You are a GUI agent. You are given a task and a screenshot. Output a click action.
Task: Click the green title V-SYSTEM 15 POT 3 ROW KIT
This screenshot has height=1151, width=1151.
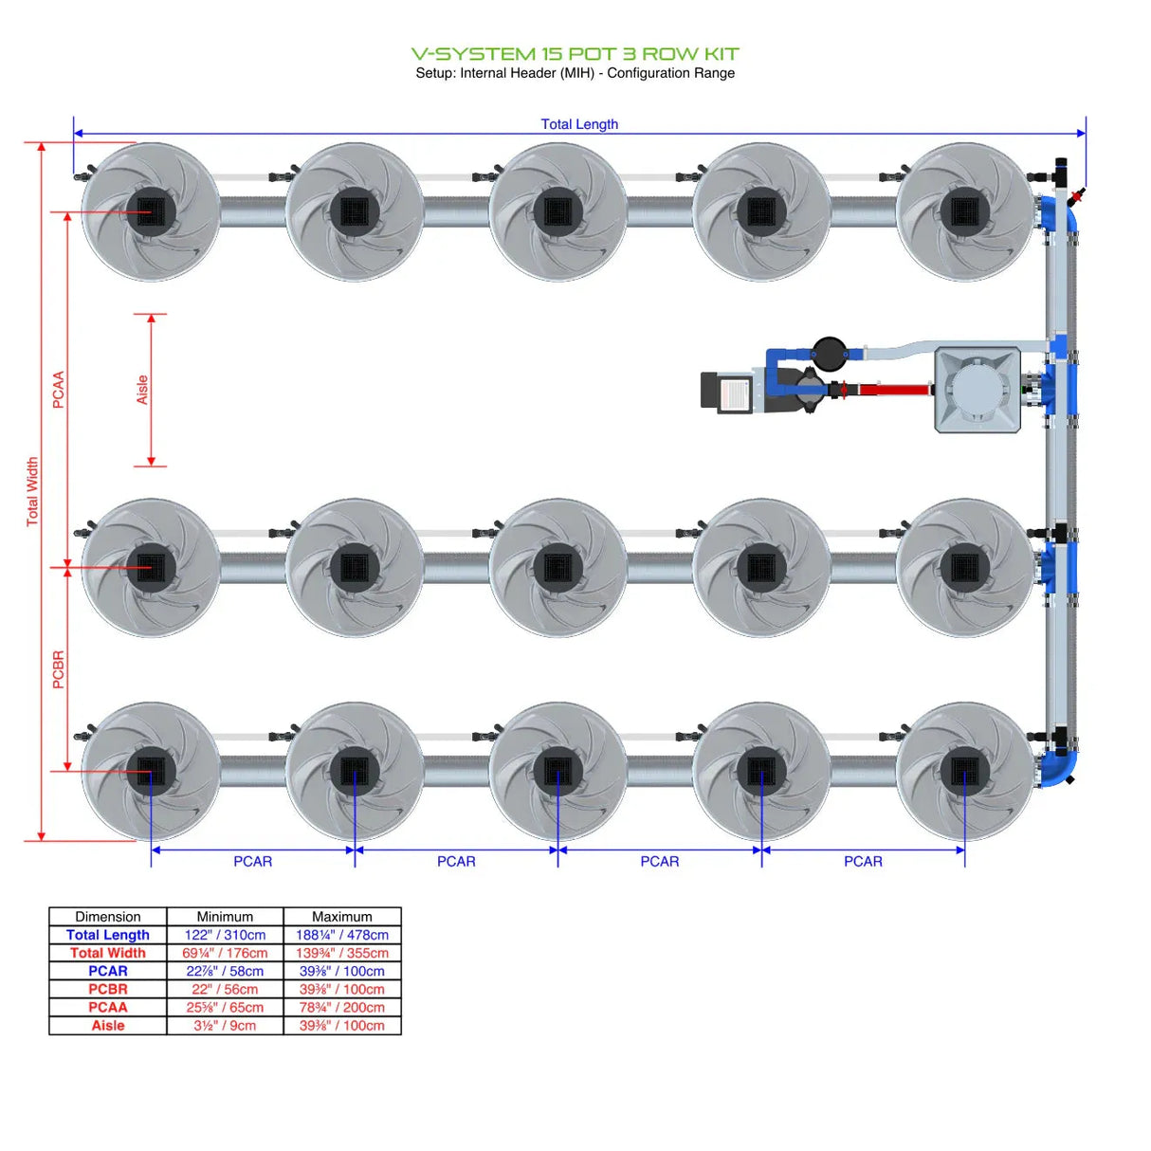575,54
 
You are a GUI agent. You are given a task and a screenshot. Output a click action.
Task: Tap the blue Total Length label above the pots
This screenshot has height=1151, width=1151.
579,124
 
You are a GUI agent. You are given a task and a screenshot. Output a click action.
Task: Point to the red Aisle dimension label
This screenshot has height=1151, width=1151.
142,390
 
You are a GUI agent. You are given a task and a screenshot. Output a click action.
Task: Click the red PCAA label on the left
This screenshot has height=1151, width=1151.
59,390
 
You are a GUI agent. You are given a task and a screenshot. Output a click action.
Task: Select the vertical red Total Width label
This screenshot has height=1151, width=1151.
32,491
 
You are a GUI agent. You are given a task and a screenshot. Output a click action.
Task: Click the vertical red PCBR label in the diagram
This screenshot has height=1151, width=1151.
59,669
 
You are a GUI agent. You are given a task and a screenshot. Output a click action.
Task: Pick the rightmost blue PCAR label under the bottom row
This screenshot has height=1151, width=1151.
863,862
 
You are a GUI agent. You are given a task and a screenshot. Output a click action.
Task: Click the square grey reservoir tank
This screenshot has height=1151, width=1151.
977,390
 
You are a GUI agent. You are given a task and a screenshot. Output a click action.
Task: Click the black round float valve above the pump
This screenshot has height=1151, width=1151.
830,353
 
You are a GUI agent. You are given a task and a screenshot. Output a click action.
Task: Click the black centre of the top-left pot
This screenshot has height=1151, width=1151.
151,211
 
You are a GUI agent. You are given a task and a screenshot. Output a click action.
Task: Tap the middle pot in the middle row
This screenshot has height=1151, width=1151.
557,568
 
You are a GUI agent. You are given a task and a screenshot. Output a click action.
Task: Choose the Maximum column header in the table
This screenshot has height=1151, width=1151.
342,917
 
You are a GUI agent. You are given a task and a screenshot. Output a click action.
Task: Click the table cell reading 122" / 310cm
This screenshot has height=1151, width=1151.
225,935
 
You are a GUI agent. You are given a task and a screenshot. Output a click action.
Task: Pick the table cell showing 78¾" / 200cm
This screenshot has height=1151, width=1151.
342,1007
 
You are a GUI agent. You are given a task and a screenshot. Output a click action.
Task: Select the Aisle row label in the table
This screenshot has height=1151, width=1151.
108,1026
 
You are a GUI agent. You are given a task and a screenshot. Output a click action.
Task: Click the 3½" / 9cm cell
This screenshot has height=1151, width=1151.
225,1026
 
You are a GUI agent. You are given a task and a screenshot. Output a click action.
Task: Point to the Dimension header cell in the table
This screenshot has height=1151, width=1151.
108,917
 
